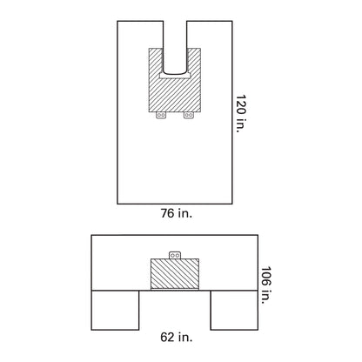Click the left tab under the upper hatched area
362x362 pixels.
click(x=159, y=115)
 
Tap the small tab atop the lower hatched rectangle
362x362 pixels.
click(x=175, y=256)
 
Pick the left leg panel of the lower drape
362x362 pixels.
click(x=115, y=309)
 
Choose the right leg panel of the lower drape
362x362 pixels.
click(x=235, y=309)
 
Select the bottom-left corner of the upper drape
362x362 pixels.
click(x=117, y=204)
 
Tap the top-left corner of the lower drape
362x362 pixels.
click(x=91, y=234)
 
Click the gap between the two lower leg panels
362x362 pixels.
click(x=175, y=309)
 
